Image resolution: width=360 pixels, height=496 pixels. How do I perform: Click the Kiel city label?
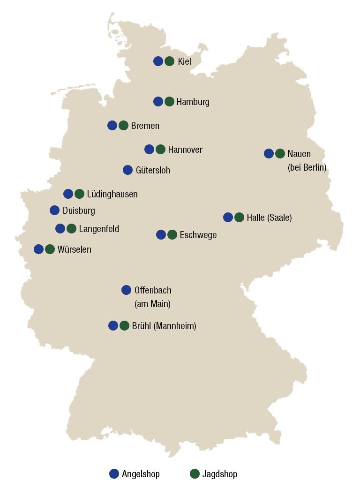pos(184,61)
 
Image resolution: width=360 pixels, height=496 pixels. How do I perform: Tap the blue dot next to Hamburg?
pos(158,102)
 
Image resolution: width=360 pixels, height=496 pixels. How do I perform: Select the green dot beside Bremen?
pos(123,126)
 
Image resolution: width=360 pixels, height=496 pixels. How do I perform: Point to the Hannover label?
pos(185,150)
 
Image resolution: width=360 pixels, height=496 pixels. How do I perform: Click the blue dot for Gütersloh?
pos(127,170)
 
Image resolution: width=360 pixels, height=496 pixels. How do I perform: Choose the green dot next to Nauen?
pos(280,154)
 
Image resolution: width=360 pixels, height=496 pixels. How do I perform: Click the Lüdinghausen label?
pos(112,194)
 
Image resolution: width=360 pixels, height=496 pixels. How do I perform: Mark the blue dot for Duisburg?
pos(54,210)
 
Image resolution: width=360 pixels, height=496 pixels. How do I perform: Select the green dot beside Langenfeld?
pos(71,229)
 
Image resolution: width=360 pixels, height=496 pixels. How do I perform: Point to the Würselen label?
pos(74,249)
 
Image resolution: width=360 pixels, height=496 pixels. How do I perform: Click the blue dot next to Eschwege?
pos(161,235)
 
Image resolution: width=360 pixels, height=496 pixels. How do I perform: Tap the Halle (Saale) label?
pos(269,218)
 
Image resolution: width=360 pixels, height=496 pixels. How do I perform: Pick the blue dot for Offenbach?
pos(126,290)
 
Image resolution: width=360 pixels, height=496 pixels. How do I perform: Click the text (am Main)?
pos(152,304)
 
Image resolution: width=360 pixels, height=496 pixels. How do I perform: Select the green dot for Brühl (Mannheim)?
pos(124,326)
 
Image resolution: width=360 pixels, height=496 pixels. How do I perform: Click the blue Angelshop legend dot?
pos(114,474)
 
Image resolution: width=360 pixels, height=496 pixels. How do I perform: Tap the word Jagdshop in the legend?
pos(219,474)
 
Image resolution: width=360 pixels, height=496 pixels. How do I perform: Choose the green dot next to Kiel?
pos(170,61)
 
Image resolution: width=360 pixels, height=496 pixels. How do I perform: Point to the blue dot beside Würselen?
pos(38,249)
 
